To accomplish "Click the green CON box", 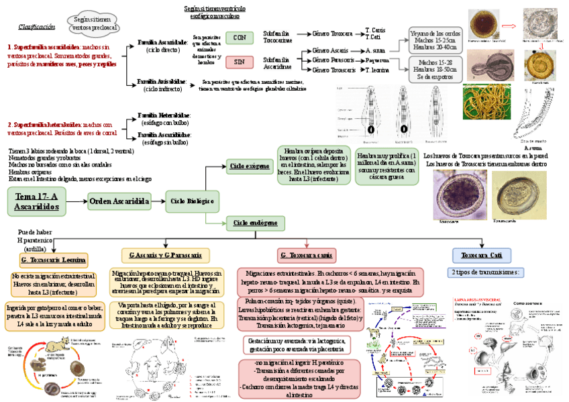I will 239,38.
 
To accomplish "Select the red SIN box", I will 239,62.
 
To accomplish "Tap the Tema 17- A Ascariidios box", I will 37,201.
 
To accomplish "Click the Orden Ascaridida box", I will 119,201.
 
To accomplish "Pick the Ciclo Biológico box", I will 192,201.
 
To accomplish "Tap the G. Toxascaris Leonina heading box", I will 53,260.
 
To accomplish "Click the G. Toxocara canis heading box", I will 305,255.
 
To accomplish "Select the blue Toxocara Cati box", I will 481,255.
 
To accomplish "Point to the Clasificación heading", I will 37,27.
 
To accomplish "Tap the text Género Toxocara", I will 333,33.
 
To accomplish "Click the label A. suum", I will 376,50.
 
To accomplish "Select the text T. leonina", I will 377,70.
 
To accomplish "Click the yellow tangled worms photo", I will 488,101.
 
